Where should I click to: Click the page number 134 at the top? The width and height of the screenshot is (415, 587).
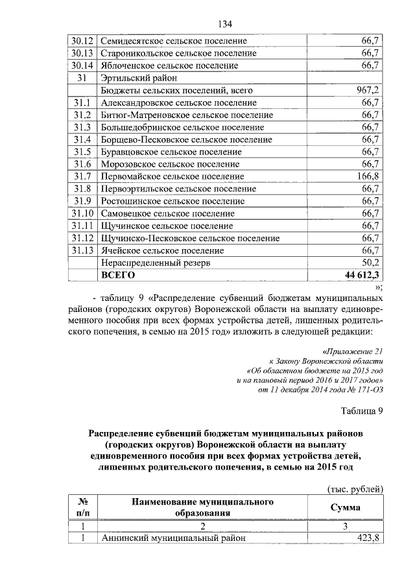click(224, 24)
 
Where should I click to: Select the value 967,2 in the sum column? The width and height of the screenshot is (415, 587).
click(367, 90)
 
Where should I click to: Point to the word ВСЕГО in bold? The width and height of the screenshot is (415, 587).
click(117, 275)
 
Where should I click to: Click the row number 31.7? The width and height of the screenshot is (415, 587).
click(82, 176)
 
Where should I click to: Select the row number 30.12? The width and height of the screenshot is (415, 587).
click(82, 41)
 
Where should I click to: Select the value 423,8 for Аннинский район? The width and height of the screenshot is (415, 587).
click(367, 538)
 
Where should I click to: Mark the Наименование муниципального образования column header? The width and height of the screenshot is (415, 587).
click(202, 507)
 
